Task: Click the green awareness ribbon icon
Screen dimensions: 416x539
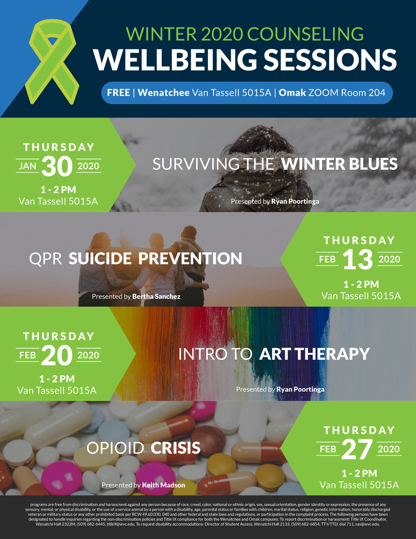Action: pyautogui.click(x=52, y=62)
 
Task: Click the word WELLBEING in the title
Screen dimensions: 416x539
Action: pyautogui.click(x=175, y=60)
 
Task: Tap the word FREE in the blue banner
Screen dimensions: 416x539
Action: pyautogui.click(x=119, y=93)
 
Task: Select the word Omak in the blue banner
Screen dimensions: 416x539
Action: pyautogui.click(x=292, y=93)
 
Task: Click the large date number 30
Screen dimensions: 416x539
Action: pyautogui.click(x=57, y=167)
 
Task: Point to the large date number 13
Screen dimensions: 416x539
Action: pyautogui.click(x=358, y=260)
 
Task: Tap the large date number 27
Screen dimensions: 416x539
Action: pyautogui.click(x=357, y=449)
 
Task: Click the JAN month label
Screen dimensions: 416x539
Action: pyautogui.click(x=27, y=166)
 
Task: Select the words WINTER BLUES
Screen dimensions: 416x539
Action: pyautogui.click(x=339, y=164)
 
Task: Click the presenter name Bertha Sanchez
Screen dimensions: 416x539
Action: pyautogui.click(x=156, y=296)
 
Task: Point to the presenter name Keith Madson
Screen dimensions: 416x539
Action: pyautogui.click(x=164, y=485)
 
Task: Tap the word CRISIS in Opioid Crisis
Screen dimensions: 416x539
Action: pyautogui.click(x=175, y=448)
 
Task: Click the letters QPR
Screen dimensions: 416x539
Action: pyautogui.click(x=45, y=259)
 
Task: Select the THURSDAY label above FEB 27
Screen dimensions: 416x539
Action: pyautogui.click(x=359, y=430)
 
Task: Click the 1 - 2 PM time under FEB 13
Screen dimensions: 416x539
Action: pyautogui.click(x=361, y=285)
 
